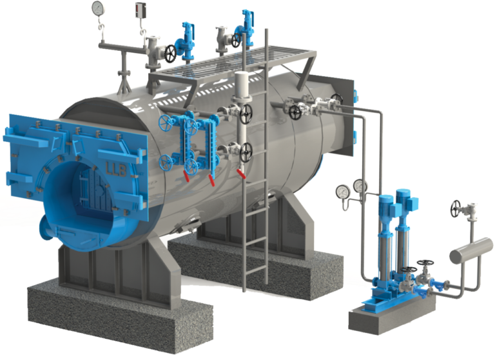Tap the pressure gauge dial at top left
(x=98, y=8)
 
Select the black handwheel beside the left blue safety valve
(x=170, y=54)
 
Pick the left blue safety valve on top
(x=188, y=37)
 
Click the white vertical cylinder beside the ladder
(x=242, y=87)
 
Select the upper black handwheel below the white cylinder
(x=246, y=115)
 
